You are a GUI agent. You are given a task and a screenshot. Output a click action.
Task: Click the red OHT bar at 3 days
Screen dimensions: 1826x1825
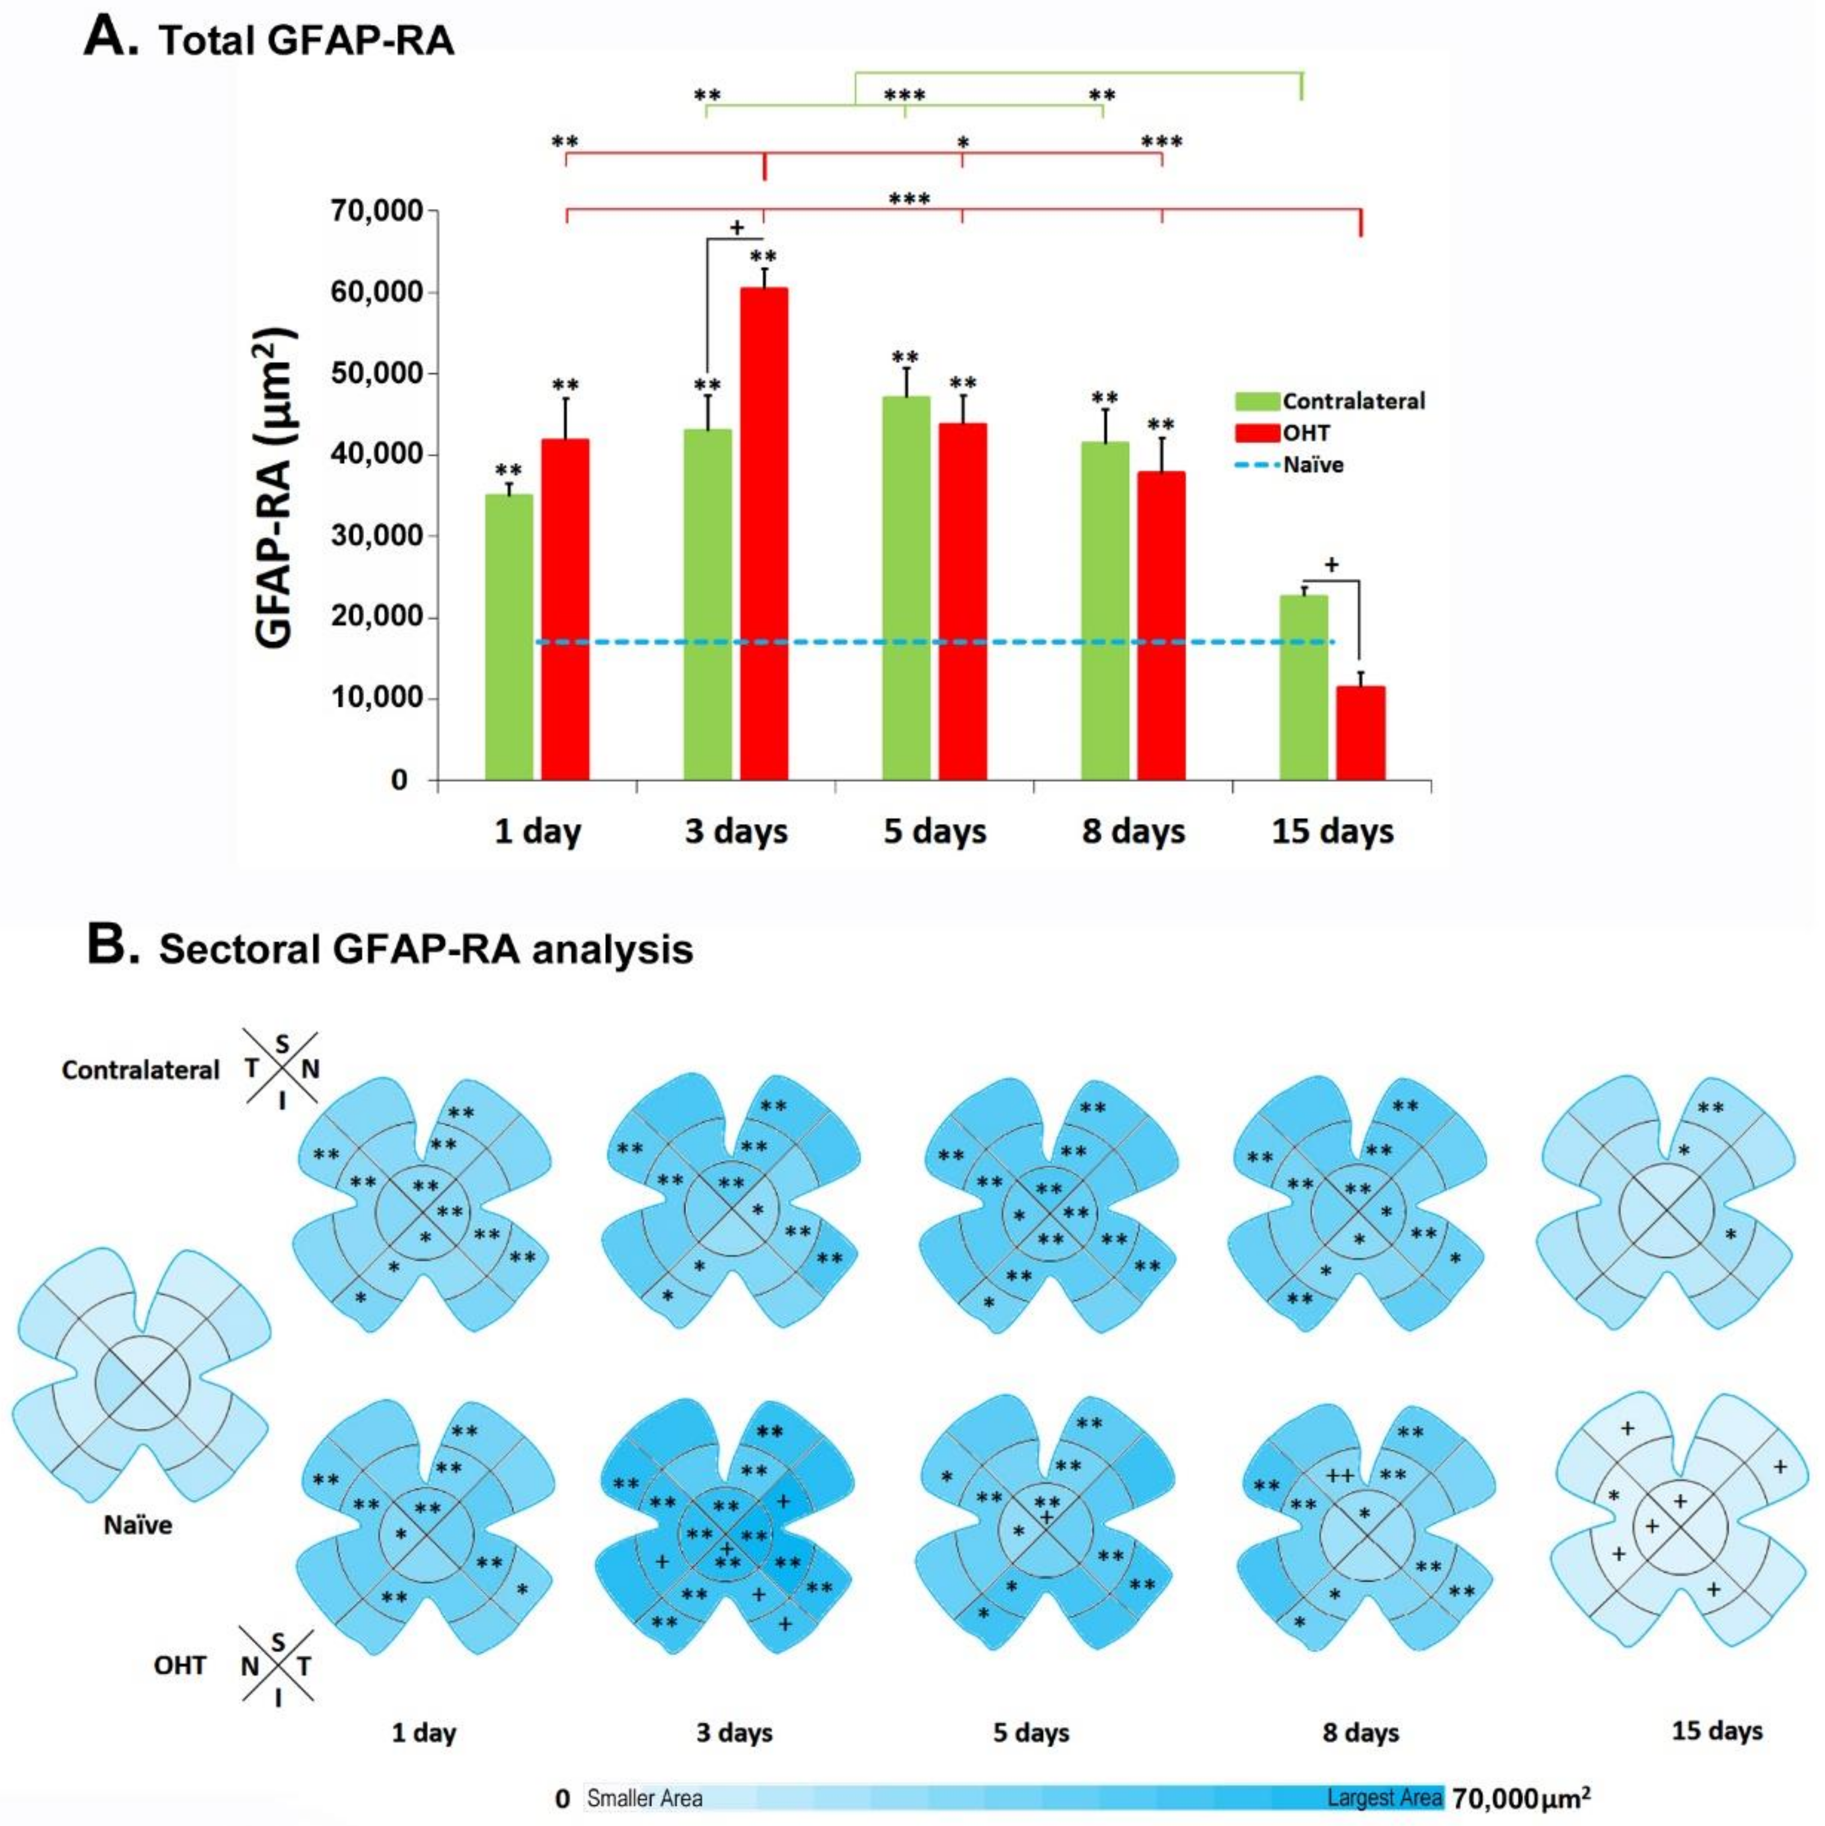tap(764, 534)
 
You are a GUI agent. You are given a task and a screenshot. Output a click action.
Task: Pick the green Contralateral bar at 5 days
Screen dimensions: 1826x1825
tap(905, 588)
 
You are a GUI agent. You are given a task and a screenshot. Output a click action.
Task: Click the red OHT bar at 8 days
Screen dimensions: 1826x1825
tap(1162, 626)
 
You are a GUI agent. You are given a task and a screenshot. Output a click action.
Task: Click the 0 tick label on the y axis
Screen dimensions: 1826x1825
tap(400, 781)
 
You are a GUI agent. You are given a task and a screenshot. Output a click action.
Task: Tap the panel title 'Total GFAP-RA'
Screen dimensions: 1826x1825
tap(306, 41)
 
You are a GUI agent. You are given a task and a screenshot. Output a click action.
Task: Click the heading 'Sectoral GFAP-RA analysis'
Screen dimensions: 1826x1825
tap(425, 949)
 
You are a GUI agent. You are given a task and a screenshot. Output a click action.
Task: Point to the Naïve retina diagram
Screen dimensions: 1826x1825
tap(142, 1385)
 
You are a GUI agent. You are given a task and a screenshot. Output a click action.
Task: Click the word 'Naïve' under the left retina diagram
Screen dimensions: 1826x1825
tap(138, 1524)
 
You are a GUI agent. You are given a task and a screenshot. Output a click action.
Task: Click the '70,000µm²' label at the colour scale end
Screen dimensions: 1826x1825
tap(1520, 1798)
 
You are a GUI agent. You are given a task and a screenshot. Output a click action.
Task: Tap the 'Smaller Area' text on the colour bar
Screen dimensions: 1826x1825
tap(644, 1798)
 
